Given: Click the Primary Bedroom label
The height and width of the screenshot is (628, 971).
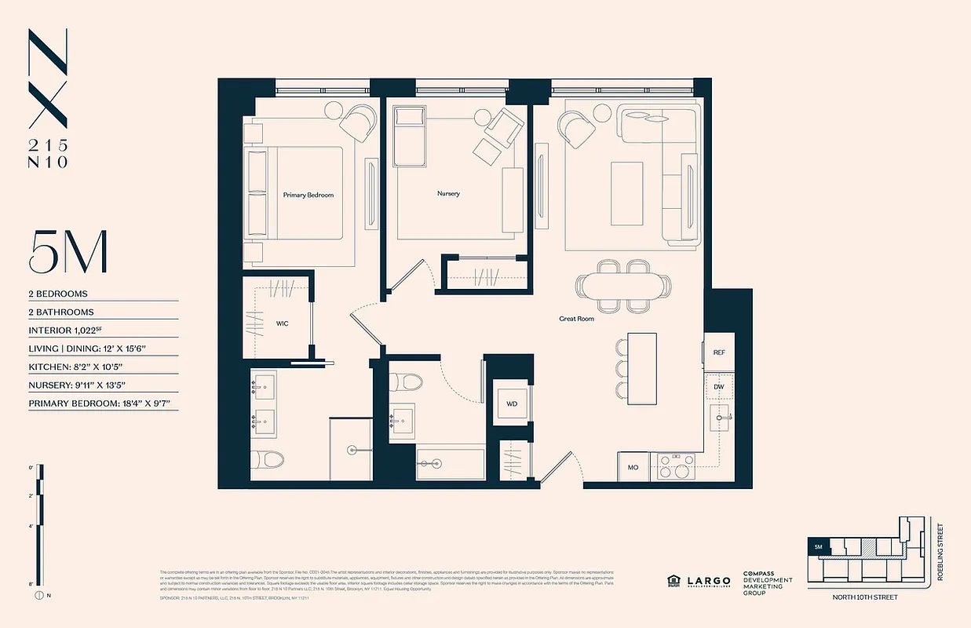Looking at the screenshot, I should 308,195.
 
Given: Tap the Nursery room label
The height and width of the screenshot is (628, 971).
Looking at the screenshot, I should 448,193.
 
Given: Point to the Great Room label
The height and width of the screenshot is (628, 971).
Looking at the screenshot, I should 576,319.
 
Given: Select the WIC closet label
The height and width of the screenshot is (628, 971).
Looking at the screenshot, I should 282,323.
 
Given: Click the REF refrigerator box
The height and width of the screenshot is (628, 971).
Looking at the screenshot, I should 718,352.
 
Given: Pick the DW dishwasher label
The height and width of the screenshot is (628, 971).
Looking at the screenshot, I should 718,387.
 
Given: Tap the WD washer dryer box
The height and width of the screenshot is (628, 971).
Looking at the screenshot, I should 511,403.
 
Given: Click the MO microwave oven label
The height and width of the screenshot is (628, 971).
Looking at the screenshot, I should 633,468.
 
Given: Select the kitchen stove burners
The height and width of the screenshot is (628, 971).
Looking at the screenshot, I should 675,466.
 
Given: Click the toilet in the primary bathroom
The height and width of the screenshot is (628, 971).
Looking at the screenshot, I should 261,461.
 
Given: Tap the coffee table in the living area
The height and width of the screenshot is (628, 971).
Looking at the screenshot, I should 626,183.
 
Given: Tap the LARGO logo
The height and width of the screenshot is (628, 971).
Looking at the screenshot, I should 709,581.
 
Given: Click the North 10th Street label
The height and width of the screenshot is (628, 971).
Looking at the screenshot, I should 866,597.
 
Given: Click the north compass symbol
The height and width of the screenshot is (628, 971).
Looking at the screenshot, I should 39,595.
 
